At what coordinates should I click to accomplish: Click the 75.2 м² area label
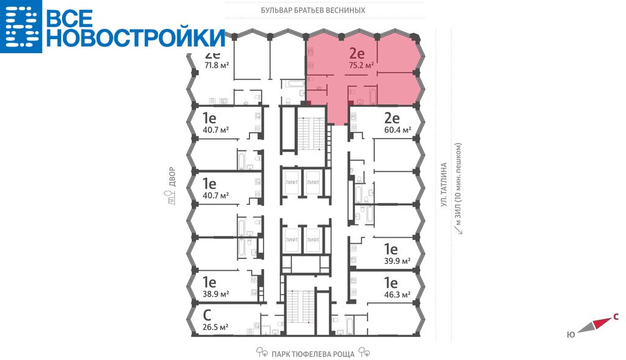click(x=361, y=65)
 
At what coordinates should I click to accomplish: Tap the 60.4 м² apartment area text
click(x=399, y=130)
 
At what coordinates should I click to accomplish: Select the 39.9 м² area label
click(x=397, y=261)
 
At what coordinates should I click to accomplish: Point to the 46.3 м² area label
click(x=397, y=295)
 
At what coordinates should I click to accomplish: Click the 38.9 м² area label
click(x=216, y=294)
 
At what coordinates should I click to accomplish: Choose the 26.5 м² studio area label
click(x=216, y=327)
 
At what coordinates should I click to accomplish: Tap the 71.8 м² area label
click(x=217, y=65)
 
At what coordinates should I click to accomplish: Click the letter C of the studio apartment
click(x=207, y=315)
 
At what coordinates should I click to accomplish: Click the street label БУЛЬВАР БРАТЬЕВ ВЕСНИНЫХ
click(x=313, y=10)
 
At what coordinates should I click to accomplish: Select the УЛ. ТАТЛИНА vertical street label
click(x=444, y=185)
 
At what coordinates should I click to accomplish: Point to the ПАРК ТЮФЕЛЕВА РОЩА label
click(x=313, y=354)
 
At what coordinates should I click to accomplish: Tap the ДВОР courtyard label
click(x=172, y=177)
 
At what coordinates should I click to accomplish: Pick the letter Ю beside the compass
click(x=572, y=334)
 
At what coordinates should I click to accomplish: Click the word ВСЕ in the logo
click(x=70, y=18)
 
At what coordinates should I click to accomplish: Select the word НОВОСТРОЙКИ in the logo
click(x=136, y=37)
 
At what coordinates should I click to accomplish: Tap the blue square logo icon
click(x=21, y=26)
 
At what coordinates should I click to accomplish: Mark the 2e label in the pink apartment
click(x=357, y=53)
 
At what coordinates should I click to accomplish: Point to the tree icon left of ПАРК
click(x=262, y=352)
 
